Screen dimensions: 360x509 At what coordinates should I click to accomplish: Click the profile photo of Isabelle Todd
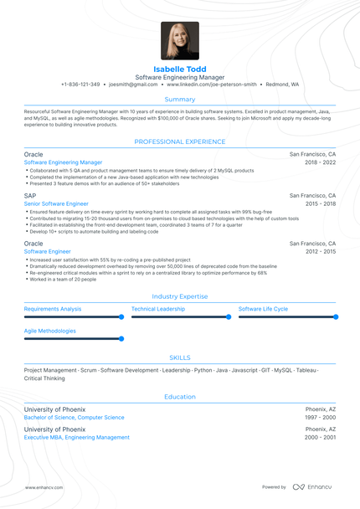180,40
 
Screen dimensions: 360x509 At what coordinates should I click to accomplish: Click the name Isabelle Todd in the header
180,69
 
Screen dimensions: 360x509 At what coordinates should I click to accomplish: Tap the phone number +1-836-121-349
80,85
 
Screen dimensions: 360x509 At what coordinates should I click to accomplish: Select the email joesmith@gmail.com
134,85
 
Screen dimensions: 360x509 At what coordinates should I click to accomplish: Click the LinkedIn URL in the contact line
211,85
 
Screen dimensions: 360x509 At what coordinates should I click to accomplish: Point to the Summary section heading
180,99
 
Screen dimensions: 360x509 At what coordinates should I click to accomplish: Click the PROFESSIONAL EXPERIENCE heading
180,142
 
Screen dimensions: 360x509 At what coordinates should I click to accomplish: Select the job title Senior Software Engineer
56,203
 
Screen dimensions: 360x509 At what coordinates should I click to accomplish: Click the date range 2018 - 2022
321,162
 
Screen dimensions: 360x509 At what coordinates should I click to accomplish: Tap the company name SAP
30,195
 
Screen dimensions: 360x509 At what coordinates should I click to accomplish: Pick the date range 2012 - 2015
321,251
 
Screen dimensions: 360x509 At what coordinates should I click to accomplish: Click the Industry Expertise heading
180,296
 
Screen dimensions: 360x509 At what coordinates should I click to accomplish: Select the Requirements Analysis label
53,309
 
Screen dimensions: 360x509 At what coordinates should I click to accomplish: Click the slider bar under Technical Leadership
180,317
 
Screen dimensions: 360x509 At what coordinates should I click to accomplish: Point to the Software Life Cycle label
263,309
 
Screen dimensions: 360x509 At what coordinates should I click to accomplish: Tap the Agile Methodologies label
50,331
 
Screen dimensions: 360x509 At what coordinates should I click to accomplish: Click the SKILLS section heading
180,357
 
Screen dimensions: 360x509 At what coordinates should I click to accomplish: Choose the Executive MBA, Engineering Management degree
77,437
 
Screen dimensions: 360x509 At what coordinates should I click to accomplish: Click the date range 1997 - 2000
321,417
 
